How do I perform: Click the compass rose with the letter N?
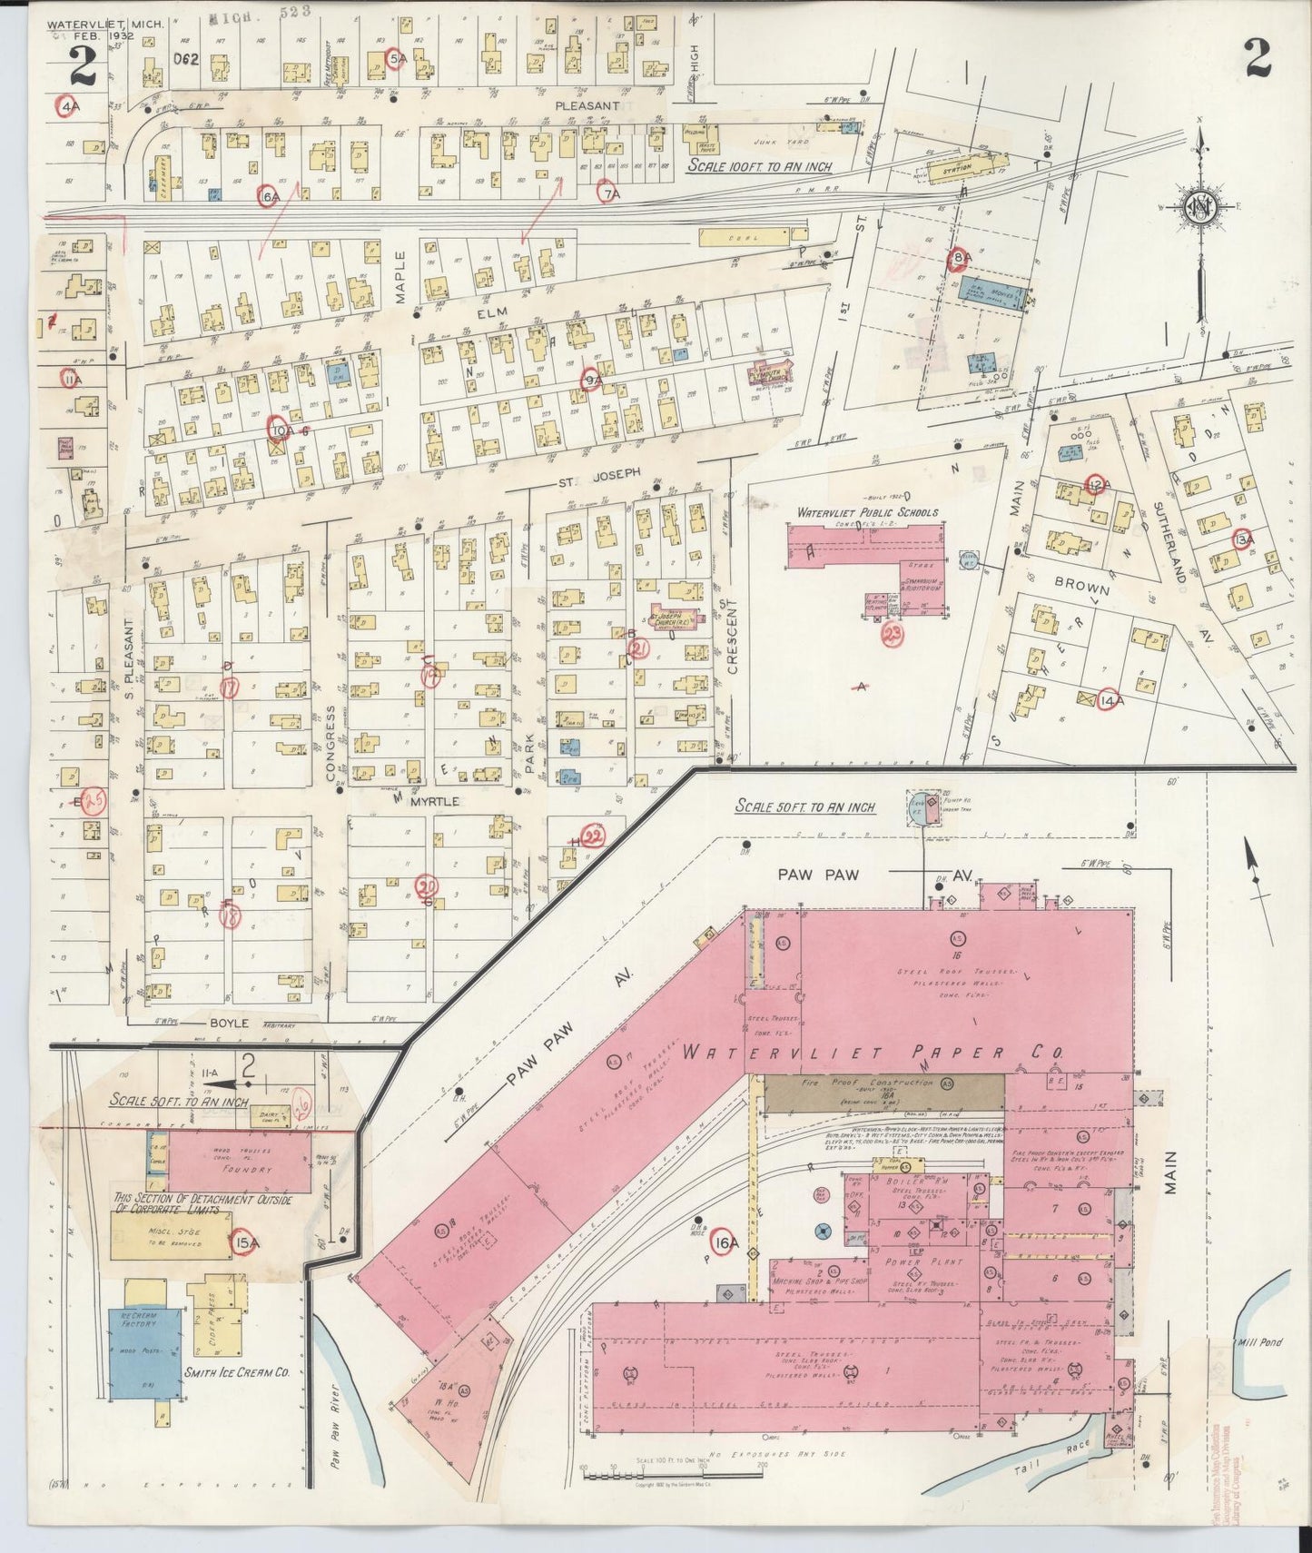click(1199, 210)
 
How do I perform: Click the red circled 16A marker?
click(725, 1243)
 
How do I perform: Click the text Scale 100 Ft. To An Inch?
click(759, 166)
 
